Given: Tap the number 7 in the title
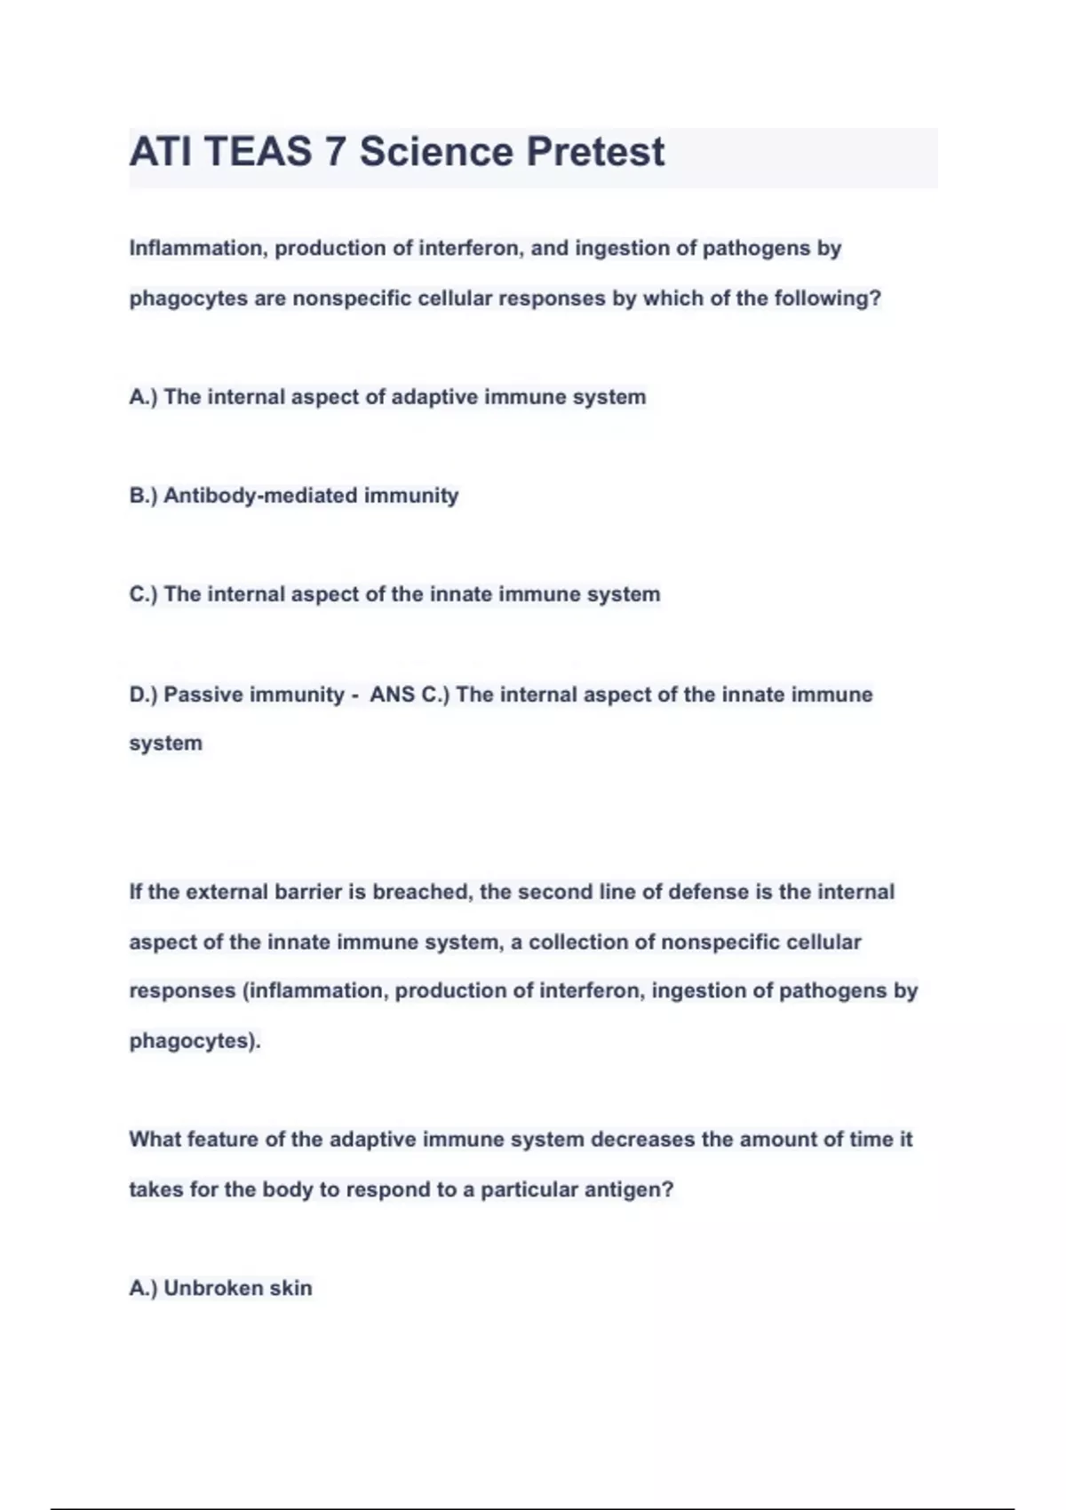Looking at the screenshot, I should pyautogui.click(x=335, y=152).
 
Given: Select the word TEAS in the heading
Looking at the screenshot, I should pyautogui.click(x=259, y=152).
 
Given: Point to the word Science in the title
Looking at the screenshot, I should pyautogui.click(x=435, y=152).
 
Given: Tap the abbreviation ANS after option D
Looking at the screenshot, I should pyautogui.click(x=392, y=695).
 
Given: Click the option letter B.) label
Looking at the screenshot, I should pyautogui.click(x=143, y=496).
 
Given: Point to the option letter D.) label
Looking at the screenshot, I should pyautogui.click(x=143, y=695).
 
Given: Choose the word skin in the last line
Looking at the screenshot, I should pyautogui.click(x=290, y=1288).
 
